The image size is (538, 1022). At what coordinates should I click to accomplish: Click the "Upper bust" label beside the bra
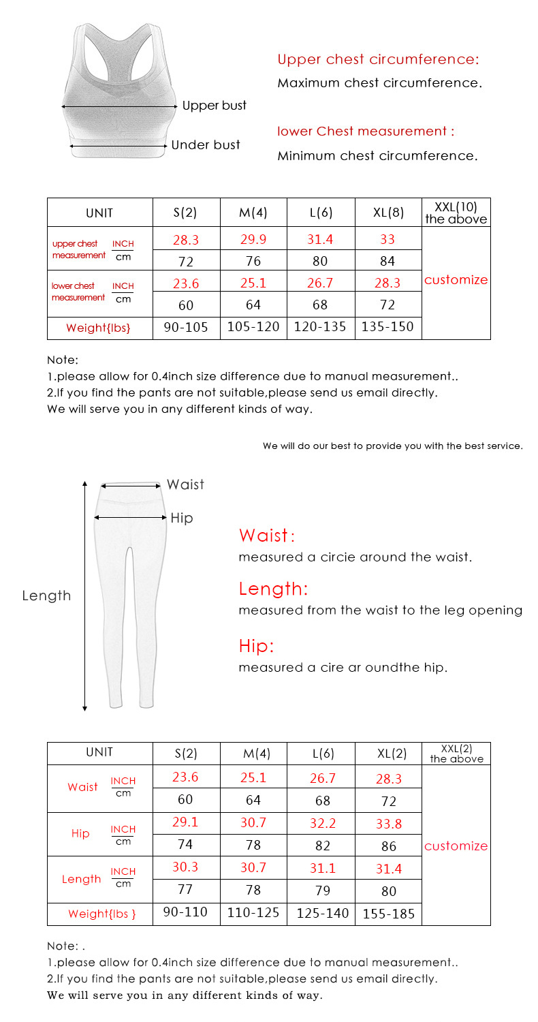[x=214, y=106]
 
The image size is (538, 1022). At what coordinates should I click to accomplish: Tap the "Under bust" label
[x=205, y=144]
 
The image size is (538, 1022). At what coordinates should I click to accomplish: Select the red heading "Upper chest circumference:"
[x=378, y=59]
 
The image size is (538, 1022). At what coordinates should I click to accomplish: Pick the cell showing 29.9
[x=253, y=239]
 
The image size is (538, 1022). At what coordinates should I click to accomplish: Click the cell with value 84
[x=388, y=261]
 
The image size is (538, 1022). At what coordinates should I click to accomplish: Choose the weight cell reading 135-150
[x=387, y=327]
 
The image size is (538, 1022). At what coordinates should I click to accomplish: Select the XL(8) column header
[x=388, y=213]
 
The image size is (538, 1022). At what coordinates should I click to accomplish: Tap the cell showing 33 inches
[x=387, y=239]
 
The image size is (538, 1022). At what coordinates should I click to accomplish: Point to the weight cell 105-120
[x=253, y=327]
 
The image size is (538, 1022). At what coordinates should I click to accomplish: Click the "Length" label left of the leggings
[x=46, y=595]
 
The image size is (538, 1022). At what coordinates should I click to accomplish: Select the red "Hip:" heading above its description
[x=256, y=646]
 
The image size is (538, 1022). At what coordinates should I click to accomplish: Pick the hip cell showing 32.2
[x=323, y=823]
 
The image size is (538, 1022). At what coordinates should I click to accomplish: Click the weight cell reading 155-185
[x=388, y=914]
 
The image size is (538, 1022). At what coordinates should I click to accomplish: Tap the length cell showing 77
[x=185, y=890]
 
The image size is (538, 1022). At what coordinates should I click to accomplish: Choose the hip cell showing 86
[x=389, y=846]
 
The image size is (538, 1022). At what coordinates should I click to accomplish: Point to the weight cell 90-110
[x=186, y=912]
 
